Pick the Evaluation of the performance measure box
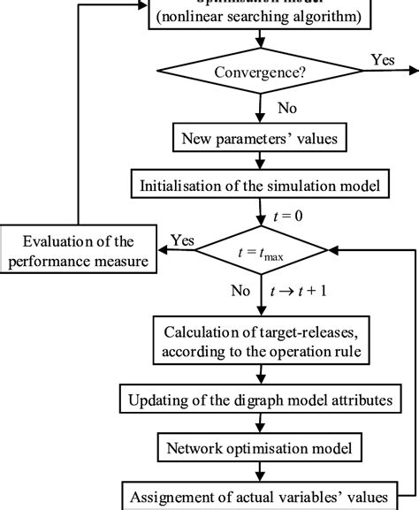tap(80, 251)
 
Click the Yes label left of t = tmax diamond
tap(182, 240)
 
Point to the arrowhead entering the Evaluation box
tap(164, 251)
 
